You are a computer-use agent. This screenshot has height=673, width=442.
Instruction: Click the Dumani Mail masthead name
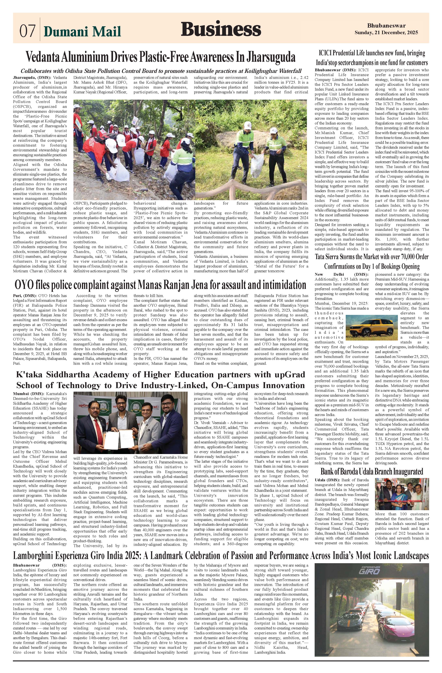[x=82, y=31]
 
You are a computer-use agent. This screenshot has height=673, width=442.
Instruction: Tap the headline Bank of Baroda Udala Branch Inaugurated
[x=372, y=471]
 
